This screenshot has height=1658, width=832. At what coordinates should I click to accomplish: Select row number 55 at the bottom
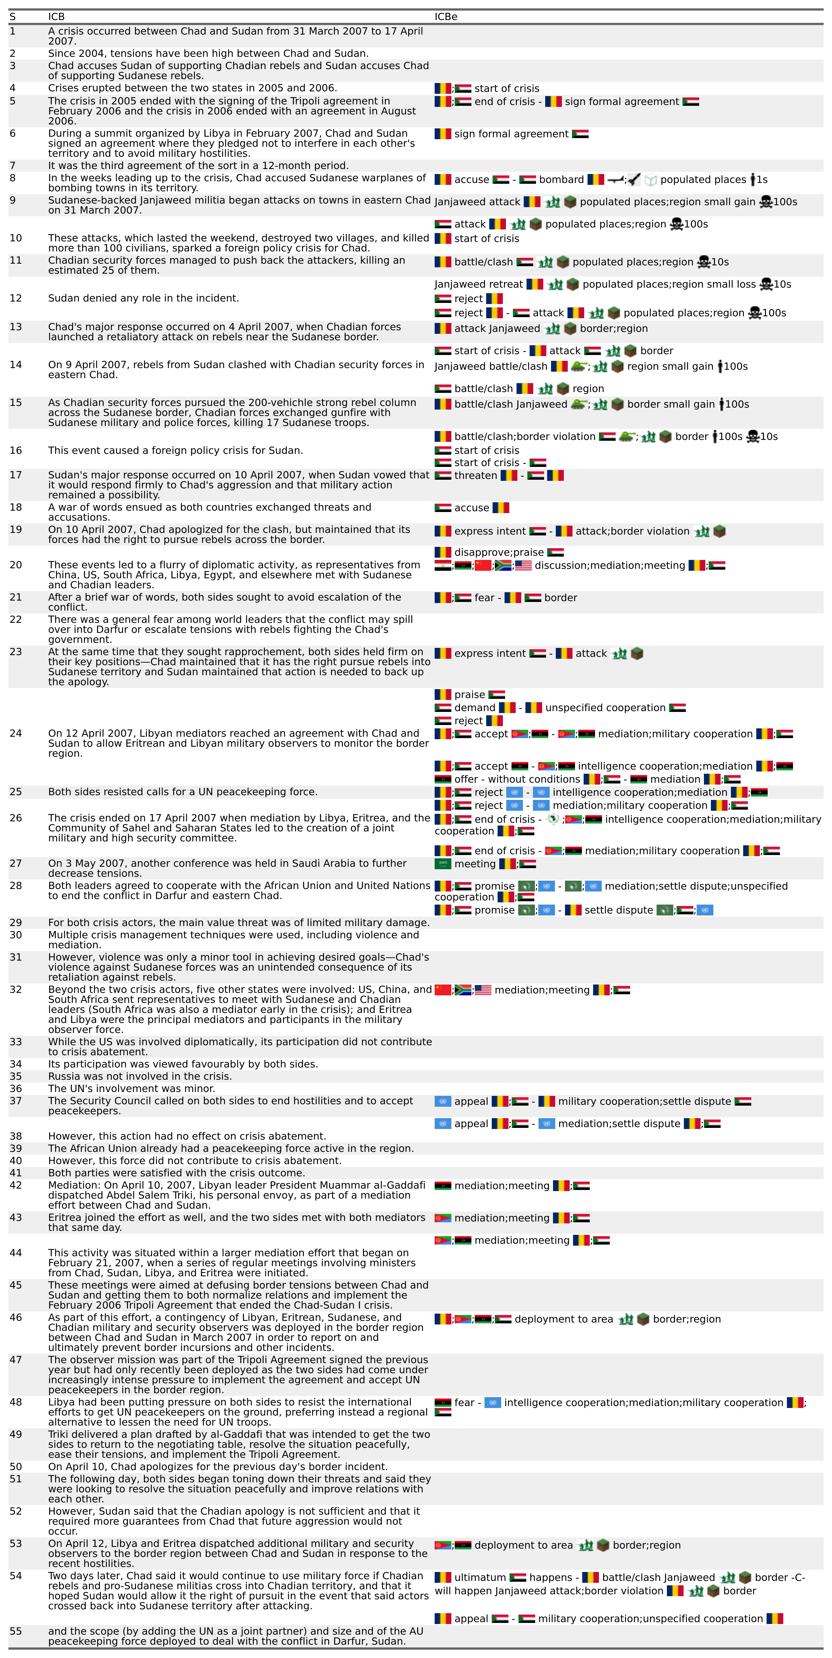pos(15,1631)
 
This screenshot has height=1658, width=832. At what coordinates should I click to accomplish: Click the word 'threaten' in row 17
pos(476,476)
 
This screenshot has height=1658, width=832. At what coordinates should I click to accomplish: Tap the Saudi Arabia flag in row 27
pos(443,864)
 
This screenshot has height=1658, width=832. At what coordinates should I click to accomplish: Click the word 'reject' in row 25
pos(488,792)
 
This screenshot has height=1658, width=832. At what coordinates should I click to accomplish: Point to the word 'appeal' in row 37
pos(471,1101)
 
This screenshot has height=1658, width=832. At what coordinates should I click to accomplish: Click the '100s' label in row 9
pos(785,202)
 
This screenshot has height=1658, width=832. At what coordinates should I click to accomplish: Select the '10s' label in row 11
pos(720,262)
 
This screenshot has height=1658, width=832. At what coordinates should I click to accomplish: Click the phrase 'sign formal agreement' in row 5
pos(621,102)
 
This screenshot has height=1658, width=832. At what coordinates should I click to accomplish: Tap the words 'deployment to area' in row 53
pos(523,1545)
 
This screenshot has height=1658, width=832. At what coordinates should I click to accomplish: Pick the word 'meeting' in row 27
pos(475,864)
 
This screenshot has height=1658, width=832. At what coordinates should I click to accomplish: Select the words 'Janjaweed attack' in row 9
pos(477,202)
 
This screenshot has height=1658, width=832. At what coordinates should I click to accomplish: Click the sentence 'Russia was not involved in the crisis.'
pos(140,1076)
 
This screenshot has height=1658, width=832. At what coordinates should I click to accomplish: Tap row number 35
pos(15,1076)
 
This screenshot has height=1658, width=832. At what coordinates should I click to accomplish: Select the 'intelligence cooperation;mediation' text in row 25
pos(640,792)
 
